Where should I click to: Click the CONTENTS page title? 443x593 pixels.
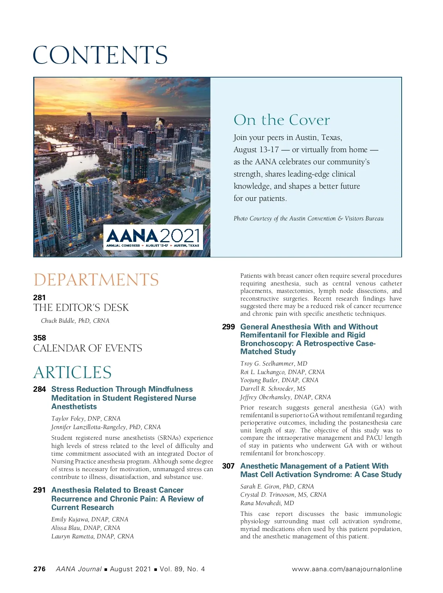(x=100, y=55)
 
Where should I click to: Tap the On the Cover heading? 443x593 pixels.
(x=281, y=120)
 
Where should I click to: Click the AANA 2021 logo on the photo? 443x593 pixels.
(x=153, y=237)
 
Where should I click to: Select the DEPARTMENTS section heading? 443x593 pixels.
(x=96, y=280)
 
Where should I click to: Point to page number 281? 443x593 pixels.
(x=40, y=298)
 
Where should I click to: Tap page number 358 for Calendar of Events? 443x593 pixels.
(x=40, y=338)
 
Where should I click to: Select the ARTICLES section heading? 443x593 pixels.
(x=72, y=372)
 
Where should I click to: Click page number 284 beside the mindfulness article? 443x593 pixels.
(x=40, y=389)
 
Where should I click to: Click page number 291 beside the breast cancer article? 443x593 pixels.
(x=40, y=490)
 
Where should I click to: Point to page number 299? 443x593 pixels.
(x=229, y=327)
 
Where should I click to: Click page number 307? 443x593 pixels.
(x=229, y=466)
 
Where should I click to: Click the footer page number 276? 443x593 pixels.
(x=40, y=569)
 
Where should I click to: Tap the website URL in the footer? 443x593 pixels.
(x=347, y=569)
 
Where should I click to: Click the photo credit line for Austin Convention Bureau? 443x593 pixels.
(x=308, y=219)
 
